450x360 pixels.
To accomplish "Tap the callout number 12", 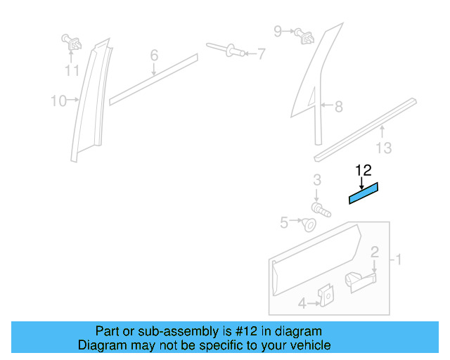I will tap(363, 169).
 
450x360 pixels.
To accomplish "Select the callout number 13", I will tap(384, 148).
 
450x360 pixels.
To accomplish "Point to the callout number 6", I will tap(154, 55).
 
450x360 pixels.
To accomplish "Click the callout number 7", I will tap(262, 53).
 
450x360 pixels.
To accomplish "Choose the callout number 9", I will tap(278, 30).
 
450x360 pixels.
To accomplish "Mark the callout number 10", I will tap(58, 101).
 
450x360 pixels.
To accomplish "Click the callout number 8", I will tap(338, 107).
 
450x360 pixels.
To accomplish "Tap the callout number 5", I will tap(284, 223).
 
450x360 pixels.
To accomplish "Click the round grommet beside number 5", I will tap(308, 225).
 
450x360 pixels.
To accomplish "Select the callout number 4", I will tap(302, 304).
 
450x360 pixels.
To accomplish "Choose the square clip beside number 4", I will tap(326, 296).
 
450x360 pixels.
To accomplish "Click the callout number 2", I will tap(375, 252).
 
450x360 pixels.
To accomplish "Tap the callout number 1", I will tap(398, 260).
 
